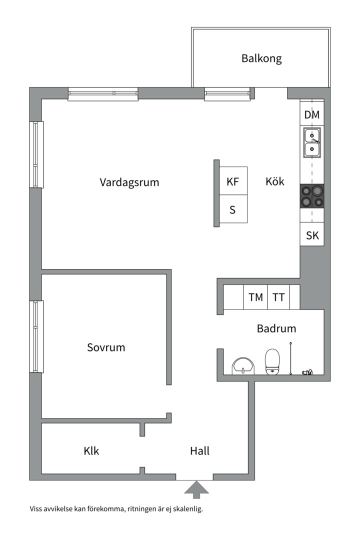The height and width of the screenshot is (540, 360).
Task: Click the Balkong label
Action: pos(261,58)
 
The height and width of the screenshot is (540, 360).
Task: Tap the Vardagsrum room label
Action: pos(129,182)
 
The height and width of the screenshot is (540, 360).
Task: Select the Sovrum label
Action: pos(106,347)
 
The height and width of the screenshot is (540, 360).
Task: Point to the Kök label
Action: pos(274,181)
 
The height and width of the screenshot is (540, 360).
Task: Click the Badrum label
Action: pos(276,328)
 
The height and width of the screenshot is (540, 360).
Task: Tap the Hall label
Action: pos(199,451)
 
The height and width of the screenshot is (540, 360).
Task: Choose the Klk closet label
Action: pos(91,451)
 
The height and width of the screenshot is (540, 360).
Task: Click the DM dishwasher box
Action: pos(312,115)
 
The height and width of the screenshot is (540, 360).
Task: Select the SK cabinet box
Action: pos(312,235)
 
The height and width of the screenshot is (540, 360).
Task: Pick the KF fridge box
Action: pos(233,181)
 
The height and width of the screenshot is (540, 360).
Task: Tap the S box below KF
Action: pos(233,210)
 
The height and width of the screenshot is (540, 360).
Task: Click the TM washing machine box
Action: pos(255,297)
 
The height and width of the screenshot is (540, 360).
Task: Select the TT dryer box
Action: pos(278,297)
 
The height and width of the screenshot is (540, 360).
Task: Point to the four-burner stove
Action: pos(312,196)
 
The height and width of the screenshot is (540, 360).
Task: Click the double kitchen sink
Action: pos(312,142)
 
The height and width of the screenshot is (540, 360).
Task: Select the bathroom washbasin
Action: pos(243,365)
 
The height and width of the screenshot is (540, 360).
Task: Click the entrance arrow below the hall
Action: pos(196,488)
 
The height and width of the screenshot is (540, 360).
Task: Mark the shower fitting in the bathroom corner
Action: pos(306,371)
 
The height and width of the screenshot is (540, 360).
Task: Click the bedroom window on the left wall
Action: pos(36,336)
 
